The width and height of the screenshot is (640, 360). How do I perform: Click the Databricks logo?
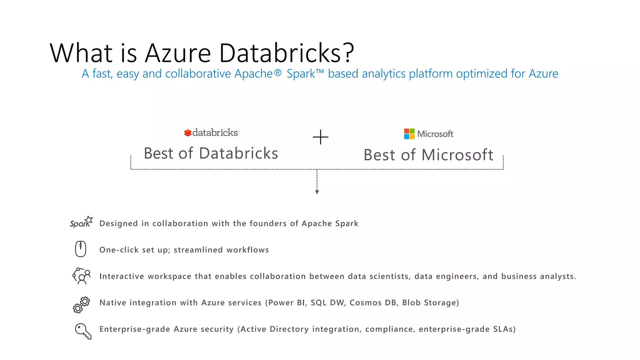click(x=211, y=133)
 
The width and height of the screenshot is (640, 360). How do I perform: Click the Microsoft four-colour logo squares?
click(x=409, y=134)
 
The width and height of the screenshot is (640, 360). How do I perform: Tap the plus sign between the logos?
click(x=320, y=137)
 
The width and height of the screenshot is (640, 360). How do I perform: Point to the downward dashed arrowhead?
click(x=317, y=192)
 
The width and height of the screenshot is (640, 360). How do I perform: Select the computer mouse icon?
click(x=81, y=249)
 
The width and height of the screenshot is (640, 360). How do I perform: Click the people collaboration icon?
click(x=82, y=276)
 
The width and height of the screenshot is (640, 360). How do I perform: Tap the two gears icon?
click(x=81, y=305)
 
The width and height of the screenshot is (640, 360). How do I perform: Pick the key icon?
click(x=83, y=331)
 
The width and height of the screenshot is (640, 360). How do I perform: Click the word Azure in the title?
click(x=178, y=53)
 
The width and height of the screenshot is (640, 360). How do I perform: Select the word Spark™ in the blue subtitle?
click(x=305, y=74)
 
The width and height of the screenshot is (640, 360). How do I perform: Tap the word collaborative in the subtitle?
click(x=198, y=74)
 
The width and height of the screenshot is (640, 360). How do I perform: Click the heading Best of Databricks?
click(x=211, y=153)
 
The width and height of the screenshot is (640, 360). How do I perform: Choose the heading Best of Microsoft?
click(x=428, y=155)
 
